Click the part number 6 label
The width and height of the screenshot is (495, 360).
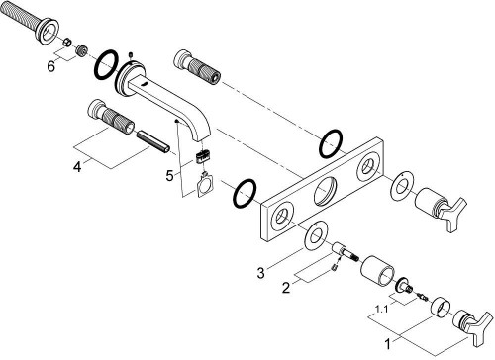click(51, 66)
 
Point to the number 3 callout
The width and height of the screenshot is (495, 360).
click(260, 270)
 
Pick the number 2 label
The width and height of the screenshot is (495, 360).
click(286, 288)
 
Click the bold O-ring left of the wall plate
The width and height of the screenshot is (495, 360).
click(242, 194)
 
